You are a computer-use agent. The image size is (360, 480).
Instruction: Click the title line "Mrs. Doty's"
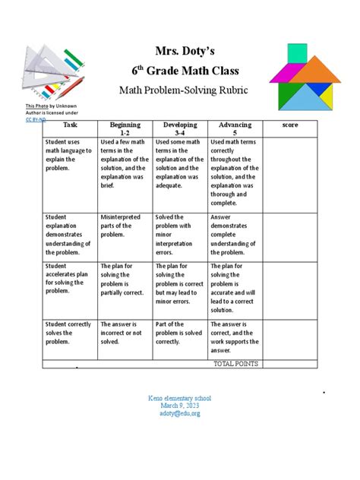point(182,49)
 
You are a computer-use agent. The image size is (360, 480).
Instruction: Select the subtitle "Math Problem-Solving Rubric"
point(181,91)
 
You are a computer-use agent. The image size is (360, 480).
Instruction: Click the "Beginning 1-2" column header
point(125,128)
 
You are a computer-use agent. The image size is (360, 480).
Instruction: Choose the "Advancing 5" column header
point(235,128)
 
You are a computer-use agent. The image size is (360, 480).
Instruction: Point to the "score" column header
point(289,124)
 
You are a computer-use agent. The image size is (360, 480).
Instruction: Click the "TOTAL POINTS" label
point(236,364)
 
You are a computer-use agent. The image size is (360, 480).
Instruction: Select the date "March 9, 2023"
point(181,405)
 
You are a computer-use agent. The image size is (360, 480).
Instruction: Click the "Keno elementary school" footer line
point(181,397)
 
